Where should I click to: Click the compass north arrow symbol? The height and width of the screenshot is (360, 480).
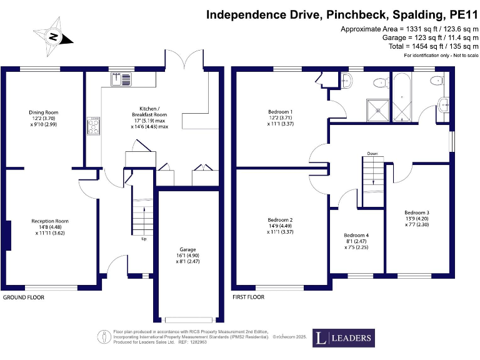point(54,37)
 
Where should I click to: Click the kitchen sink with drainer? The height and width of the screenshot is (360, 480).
point(121,79)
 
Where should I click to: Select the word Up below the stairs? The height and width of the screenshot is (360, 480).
point(145,239)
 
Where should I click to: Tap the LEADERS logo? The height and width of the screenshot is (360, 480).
point(343,338)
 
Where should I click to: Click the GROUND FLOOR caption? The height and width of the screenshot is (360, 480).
point(24,297)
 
